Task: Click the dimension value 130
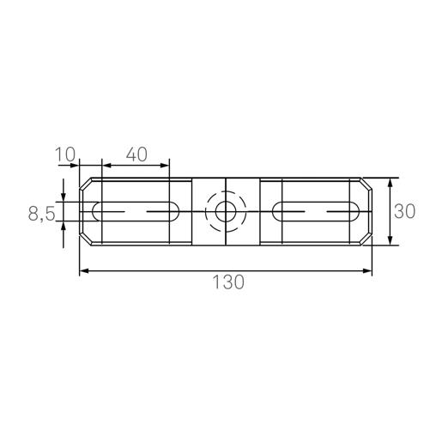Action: coord(226,282)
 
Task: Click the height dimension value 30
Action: coord(406,211)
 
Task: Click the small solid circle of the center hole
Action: coord(226,211)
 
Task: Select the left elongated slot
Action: coord(135,210)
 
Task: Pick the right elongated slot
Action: coord(316,210)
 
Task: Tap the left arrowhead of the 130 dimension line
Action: coord(84,271)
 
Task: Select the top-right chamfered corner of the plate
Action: coord(367,183)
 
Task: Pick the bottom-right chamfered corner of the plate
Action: coord(367,239)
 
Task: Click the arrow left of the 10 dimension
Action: coord(74,163)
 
